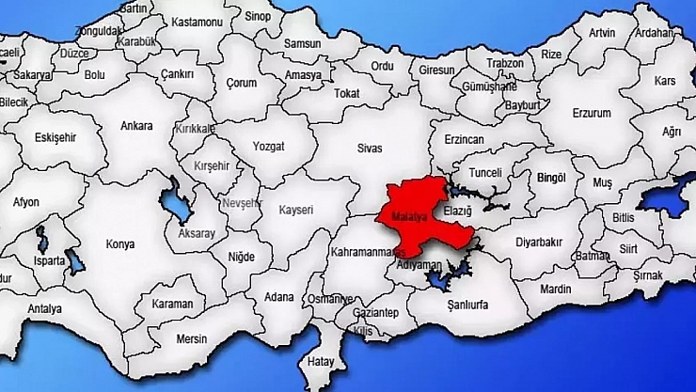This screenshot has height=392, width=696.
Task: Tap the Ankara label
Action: [137, 125]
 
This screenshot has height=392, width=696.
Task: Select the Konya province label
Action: [120, 243]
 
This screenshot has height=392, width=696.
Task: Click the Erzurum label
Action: [592, 113]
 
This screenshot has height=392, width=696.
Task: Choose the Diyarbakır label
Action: [539, 241]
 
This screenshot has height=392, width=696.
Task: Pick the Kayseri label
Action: [296, 210]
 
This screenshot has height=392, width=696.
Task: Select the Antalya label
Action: [44, 308]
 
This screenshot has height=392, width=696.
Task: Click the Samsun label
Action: [302, 43]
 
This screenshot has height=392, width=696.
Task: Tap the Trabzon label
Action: [505, 63]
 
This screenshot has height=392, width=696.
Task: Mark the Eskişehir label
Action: [55, 137]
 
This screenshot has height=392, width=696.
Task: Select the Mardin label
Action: [556, 288]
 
